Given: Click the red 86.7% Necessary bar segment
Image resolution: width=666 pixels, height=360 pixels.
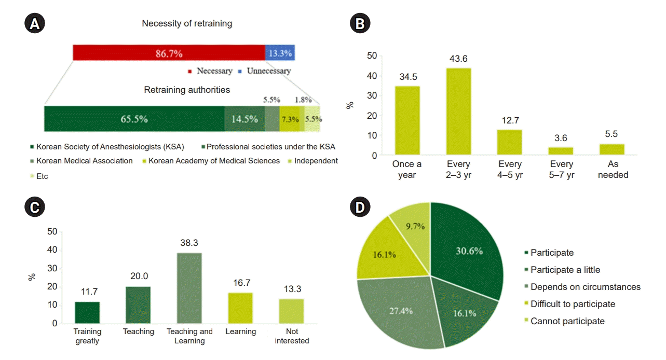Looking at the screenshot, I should click(169, 53).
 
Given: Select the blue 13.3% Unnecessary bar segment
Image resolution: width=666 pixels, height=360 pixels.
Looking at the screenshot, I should click(280, 53).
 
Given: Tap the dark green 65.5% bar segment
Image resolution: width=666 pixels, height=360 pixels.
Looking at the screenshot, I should click(134, 119).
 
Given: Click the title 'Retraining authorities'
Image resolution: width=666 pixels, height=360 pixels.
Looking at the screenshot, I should click(187, 90).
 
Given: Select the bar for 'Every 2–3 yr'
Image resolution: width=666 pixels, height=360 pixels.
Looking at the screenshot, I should click(459, 112).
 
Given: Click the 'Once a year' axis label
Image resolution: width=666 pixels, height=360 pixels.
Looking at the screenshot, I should click(407, 170).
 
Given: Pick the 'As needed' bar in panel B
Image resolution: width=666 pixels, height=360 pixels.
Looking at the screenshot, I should click(613, 149).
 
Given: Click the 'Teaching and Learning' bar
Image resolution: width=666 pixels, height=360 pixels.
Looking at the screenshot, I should click(189, 288).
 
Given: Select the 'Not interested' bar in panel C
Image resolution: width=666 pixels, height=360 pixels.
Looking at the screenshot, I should click(292, 311).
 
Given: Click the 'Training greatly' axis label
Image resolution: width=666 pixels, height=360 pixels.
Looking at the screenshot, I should click(87, 336).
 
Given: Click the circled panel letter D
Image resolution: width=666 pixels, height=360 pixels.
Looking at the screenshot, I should click(361, 207).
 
